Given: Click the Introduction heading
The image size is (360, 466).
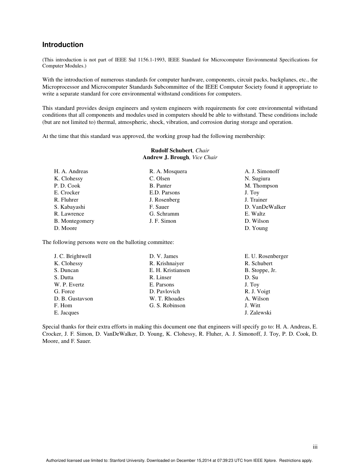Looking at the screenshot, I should (x=63, y=45).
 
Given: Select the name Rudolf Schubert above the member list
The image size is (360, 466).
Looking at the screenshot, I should (x=171, y=150).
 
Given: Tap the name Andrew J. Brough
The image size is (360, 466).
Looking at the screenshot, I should (x=166, y=157).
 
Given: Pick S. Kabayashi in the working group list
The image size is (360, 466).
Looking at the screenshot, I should (x=69, y=207).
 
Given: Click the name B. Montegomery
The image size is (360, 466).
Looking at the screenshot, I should (x=74, y=221).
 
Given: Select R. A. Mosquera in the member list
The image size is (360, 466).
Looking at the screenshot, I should (x=168, y=171).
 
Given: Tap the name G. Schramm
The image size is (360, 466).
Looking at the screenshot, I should (x=164, y=214).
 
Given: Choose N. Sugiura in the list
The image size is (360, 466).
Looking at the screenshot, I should (x=257, y=178).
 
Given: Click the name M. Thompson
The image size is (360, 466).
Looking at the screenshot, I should (x=261, y=186).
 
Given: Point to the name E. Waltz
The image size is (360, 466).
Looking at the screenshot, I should (x=255, y=214).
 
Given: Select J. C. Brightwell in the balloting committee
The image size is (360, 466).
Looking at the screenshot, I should (x=72, y=256).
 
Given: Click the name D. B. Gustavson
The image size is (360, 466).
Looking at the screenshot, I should (x=73, y=299).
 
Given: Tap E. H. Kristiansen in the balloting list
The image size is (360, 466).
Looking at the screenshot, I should (x=169, y=270).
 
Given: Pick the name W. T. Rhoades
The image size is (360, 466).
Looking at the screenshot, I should (x=167, y=299).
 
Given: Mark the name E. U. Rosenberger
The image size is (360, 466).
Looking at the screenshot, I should (x=266, y=256).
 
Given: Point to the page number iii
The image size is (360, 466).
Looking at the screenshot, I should (x=315, y=447).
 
